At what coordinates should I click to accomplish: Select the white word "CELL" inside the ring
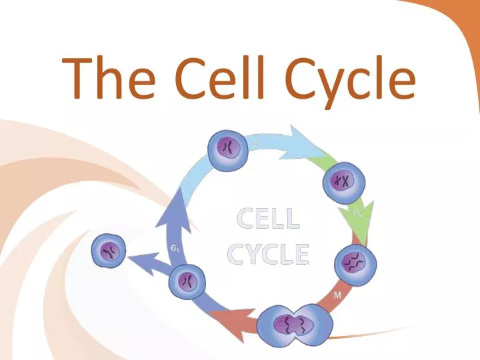click(x=268, y=219)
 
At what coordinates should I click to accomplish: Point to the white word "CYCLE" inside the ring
click(x=268, y=254)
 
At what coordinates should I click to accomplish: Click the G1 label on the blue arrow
click(x=174, y=249)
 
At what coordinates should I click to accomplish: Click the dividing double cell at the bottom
click(x=294, y=326)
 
